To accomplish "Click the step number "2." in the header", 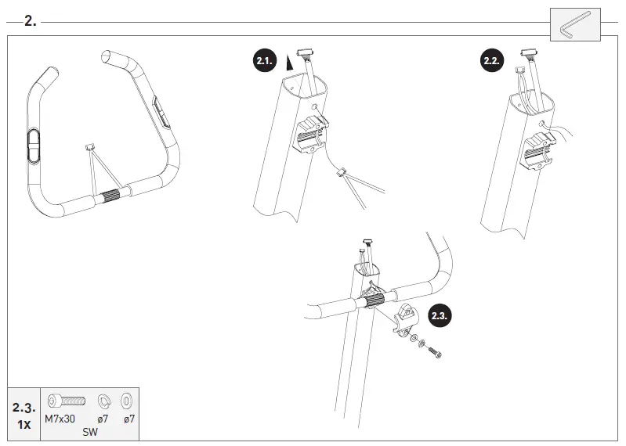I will point(30,21).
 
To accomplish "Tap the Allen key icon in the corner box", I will point(576,25).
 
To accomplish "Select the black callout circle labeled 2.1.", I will point(266,60).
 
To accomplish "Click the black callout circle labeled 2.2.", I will point(492,60).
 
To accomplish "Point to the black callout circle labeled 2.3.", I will point(440,317).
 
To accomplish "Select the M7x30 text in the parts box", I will point(60,419).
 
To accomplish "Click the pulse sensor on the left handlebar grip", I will point(33,146).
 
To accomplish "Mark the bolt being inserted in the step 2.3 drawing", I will point(432,351).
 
